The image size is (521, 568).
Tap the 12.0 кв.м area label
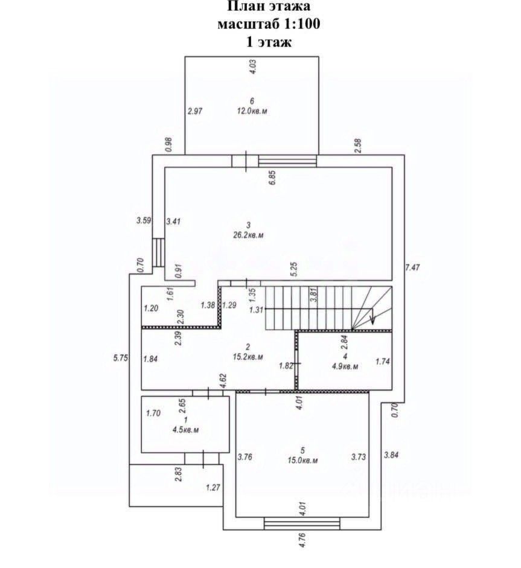click(x=251, y=111)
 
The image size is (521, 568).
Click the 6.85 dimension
click(x=273, y=178)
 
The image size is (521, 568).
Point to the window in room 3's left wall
click(x=158, y=252)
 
